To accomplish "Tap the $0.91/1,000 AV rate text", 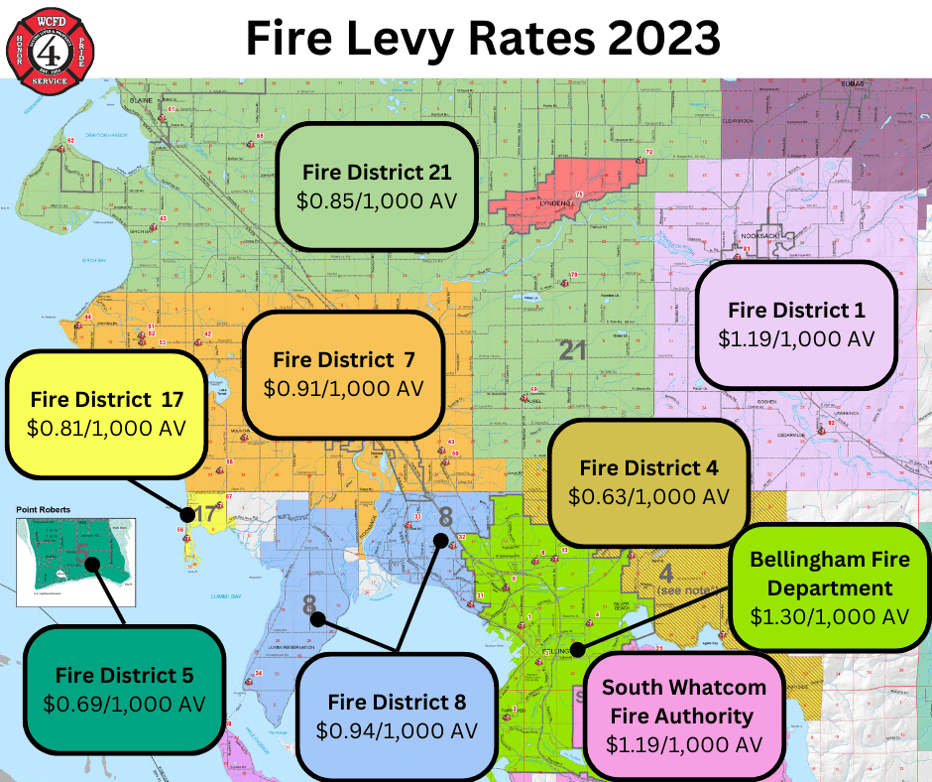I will click(x=343, y=388).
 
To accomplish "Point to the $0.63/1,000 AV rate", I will click(x=648, y=495).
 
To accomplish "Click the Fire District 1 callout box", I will click(x=796, y=324).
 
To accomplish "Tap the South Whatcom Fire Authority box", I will click(x=683, y=715).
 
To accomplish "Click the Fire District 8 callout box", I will click(x=397, y=715).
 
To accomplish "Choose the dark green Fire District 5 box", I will click(x=124, y=690).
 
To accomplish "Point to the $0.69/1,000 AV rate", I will click(x=124, y=704).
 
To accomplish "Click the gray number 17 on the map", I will click(x=205, y=513).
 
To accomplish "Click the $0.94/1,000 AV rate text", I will click(x=397, y=730).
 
